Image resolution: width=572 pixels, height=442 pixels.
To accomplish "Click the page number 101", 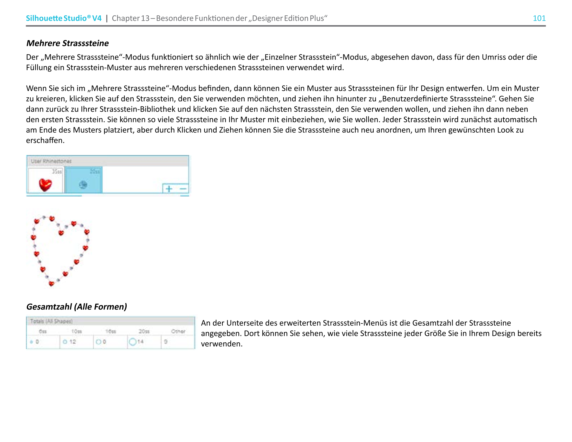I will pyautogui.click(x=539, y=18).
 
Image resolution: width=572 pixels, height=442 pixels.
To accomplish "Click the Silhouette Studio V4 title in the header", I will pyautogui.click(x=64, y=18).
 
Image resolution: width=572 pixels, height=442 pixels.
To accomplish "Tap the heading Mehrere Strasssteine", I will pyautogui.click(x=67, y=43).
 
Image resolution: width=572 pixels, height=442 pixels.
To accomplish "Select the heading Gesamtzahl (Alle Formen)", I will pyautogui.click(x=76, y=306).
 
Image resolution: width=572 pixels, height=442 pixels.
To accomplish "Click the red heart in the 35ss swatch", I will pyautogui.click(x=45, y=184).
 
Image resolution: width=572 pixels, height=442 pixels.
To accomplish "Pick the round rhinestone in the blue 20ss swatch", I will pyautogui.click(x=83, y=185).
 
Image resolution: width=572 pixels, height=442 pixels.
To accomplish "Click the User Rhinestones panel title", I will pyautogui.click(x=51, y=161).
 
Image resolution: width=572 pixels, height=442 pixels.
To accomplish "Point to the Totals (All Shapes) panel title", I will pyautogui.click(x=51, y=321).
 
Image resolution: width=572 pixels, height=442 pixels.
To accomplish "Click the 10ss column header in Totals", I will pyautogui.click(x=77, y=331).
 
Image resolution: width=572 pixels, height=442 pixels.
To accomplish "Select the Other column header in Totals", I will pyautogui.click(x=178, y=331).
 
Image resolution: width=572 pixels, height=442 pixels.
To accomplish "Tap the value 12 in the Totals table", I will pyautogui.click(x=73, y=342).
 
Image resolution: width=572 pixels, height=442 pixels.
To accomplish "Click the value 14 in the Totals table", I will pyautogui.click(x=140, y=342).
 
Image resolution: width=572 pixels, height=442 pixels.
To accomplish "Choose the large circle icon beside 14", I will pyautogui.click(x=133, y=342).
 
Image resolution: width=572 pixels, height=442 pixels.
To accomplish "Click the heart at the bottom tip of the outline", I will pyautogui.click(x=51, y=284).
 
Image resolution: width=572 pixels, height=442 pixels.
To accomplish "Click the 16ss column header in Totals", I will pyautogui.click(x=110, y=331).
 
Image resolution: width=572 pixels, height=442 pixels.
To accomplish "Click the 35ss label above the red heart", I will pyautogui.click(x=57, y=172).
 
